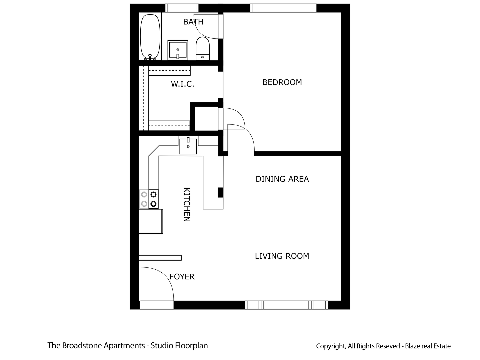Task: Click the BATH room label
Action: tap(193, 22)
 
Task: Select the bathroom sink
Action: tap(178, 50)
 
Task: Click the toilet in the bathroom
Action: tap(202, 48)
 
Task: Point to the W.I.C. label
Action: tap(182, 84)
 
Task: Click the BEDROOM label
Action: tap(282, 82)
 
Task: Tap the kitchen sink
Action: tap(188, 146)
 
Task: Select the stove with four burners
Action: tap(149, 199)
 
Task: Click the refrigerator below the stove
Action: tap(151, 221)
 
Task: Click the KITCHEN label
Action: tap(187, 204)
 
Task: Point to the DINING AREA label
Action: tap(282, 179)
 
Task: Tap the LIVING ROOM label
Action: tap(282, 256)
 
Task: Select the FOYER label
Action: tap(182, 277)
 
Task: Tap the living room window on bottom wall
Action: tap(286, 305)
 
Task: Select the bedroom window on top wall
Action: tap(283, 8)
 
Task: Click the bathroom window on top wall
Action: tap(182, 8)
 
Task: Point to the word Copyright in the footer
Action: tap(331, 346)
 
